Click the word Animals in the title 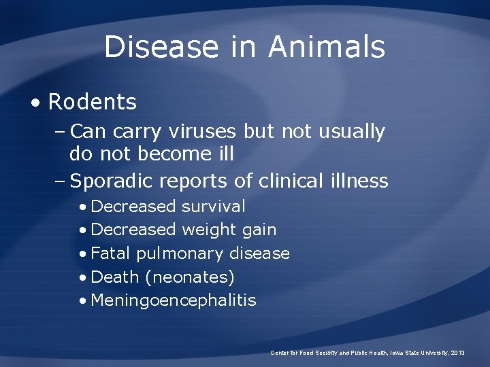[327, 47]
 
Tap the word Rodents [93, 103]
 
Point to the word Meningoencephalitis [174, 300]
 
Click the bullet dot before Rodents [33, 103]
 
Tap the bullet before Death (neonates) [82, 277]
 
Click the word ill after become [223, 154]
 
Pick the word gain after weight [259, 230]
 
